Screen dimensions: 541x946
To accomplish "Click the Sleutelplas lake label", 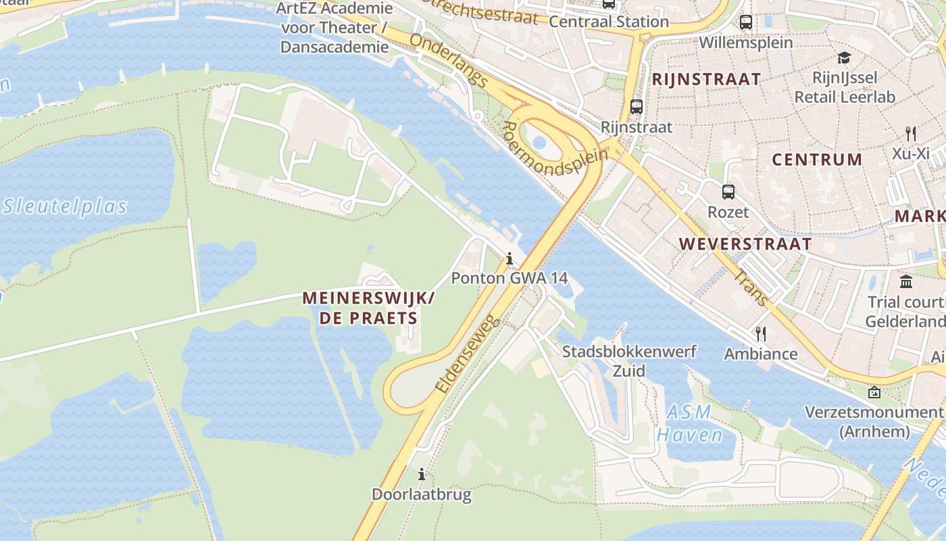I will coord(64,206).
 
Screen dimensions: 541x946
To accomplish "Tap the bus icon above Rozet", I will coord(728,192).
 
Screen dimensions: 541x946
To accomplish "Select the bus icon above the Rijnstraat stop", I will coord(636,107).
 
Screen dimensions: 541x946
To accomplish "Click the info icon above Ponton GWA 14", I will coord(509,258).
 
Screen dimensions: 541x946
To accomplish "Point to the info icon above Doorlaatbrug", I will coord(422,474).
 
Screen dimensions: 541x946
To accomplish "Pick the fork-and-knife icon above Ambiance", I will coord(761,333).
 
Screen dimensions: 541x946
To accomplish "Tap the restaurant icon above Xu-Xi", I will coord(911,133).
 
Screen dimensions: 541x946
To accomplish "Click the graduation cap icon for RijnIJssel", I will coord(844,58).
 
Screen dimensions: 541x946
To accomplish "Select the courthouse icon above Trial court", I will coord(906,281).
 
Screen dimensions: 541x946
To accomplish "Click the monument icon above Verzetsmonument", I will coord(874,392).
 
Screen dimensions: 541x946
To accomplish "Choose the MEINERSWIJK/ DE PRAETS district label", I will coord(369,308).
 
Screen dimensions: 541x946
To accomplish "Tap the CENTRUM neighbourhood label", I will coord(817,160).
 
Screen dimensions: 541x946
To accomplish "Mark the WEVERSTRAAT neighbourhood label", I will coord(745,244).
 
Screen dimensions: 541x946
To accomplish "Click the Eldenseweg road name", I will coord(468,354).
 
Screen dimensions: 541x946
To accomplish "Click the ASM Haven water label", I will coord(690,423).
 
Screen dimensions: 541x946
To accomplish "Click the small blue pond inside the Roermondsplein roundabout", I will coord(539,143).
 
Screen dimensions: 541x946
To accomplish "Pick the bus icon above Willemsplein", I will coord(746,22).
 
